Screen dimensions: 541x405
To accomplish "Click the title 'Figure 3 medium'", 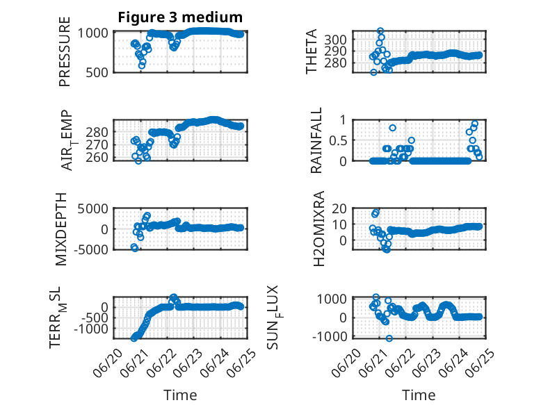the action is (x=180, y=17).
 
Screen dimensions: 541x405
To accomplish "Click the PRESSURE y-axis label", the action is (x=65, y=51).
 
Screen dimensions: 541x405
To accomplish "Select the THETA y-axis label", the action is (x=312, y=51).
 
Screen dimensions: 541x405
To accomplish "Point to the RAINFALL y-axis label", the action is (x=316, y=140).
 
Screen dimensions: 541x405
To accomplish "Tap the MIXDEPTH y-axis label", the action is (x=61, y=229).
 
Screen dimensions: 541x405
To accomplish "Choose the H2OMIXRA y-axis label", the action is (x=318, y=229).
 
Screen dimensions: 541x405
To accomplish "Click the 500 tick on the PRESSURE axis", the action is (x=97, y=73).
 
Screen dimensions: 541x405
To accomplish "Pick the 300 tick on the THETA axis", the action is (x=335, y=40).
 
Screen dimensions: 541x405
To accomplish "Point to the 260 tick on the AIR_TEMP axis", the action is (x=97, y=158).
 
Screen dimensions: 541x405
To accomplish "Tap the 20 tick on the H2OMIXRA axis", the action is (x=339, y=208).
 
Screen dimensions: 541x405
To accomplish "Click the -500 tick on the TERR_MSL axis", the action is (x=95, y=318).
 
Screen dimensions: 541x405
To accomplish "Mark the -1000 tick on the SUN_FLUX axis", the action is (x=330, y=337).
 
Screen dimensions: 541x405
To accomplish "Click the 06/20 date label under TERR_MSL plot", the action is (x=108, y=363).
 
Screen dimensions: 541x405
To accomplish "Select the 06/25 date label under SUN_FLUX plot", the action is (x=481, y=363).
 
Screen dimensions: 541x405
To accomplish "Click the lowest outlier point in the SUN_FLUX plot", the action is (x=389, y=338).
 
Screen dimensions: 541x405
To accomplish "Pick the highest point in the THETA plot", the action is (x=380, y=31).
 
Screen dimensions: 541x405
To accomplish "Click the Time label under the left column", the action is (x=180, y=395).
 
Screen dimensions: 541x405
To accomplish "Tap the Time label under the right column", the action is (x=419, y=395).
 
